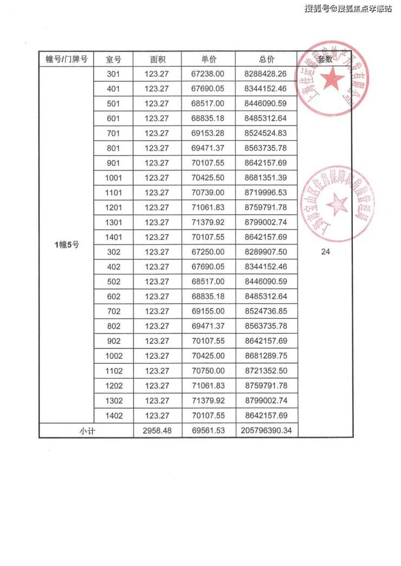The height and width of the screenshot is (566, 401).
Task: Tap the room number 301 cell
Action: tap(113, 74)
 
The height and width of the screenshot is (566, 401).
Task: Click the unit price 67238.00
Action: tap(208, 74)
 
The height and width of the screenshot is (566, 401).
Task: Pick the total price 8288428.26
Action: tap(266, 74)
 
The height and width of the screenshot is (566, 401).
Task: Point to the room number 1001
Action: tap(113, 178)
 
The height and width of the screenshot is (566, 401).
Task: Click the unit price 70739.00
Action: tap(208, 193)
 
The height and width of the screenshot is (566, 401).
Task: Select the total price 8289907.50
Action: tap(266, 252)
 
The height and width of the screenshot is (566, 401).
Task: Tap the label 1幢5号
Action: tap(67, 245)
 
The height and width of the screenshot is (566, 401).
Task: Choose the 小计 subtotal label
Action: tap(87, 431)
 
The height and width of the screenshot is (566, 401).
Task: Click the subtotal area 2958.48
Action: tap(157, 431)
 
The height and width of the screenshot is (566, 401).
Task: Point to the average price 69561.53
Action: tap(208, 431)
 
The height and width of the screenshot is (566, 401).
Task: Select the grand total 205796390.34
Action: tap(266, 431)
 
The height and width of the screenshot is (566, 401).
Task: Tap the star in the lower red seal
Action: tap(337, 205)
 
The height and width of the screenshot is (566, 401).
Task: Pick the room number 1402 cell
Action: tap(113, 416)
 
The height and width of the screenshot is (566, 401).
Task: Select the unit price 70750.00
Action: tap(208, 371)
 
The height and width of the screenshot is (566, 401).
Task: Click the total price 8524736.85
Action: tap(266, 312)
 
